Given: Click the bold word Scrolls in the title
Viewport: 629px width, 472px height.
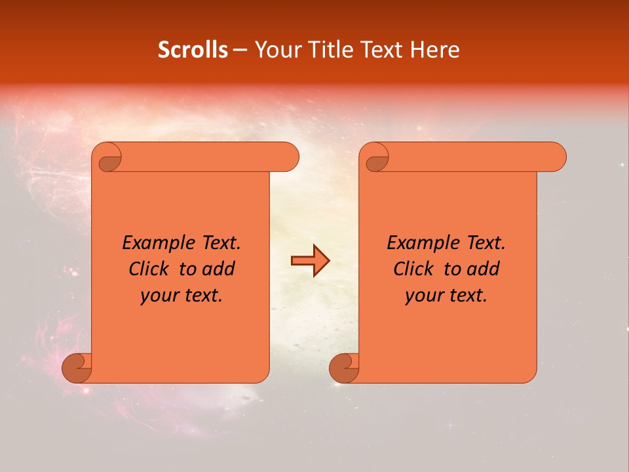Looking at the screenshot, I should click(193, 50).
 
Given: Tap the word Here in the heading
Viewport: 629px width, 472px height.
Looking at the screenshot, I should click(435, 50).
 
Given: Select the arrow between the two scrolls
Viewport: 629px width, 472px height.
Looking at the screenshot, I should click(310, 261).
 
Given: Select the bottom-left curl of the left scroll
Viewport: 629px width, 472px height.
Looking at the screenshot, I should click(76, 368).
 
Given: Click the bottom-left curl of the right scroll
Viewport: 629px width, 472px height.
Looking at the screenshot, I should click(343, 368).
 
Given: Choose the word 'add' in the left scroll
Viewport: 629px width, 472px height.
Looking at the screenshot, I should click(218, 269).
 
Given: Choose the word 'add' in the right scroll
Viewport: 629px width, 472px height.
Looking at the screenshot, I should click(483, 269).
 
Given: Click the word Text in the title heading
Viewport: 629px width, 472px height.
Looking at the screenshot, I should click(380, 50).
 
